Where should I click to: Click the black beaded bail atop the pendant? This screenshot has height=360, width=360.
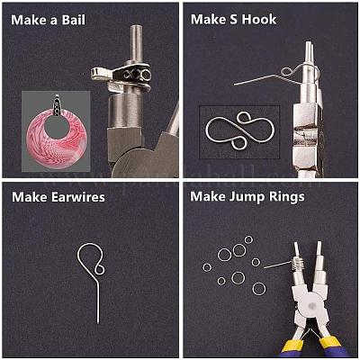point(57,105)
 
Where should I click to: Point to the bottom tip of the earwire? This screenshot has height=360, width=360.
point(98,323)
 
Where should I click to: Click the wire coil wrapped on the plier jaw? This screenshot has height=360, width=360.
point(297,265)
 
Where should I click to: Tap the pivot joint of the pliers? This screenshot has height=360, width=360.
point(311,305)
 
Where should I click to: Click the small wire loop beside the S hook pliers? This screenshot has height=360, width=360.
point(287,72)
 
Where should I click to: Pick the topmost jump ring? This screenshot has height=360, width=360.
point(248,239)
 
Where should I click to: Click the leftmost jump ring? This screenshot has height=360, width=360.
point(207,267)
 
